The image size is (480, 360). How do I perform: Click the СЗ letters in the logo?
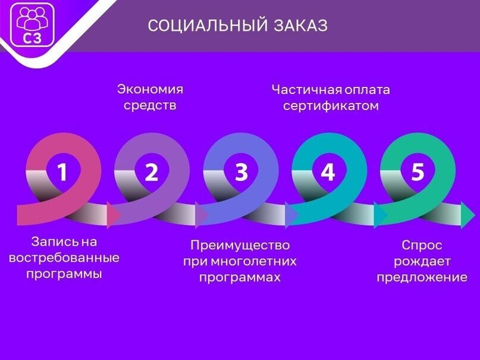coord(32,38)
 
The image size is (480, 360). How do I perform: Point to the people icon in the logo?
coord(32,18)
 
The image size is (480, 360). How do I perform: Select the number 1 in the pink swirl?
coord(62,172)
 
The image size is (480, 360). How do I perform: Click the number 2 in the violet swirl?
coord(152,172)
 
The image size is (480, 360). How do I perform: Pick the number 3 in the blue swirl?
coord(241,172)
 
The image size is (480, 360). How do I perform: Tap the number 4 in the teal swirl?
coord(328,172)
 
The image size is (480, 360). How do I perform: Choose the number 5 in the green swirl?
coord(418,172)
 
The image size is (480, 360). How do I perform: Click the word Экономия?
coord(150,90)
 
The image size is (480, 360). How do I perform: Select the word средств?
coord(150,105)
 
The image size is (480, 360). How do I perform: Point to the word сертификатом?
coord(331,106)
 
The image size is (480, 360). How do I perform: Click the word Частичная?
coord(307,90)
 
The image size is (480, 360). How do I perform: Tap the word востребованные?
coord(64,258)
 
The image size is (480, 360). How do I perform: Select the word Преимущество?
coord(240,245)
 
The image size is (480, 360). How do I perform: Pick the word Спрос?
coord(422,246)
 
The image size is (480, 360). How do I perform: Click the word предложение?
coord(422,278)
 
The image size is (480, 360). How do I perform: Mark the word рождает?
coord(422,262)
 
